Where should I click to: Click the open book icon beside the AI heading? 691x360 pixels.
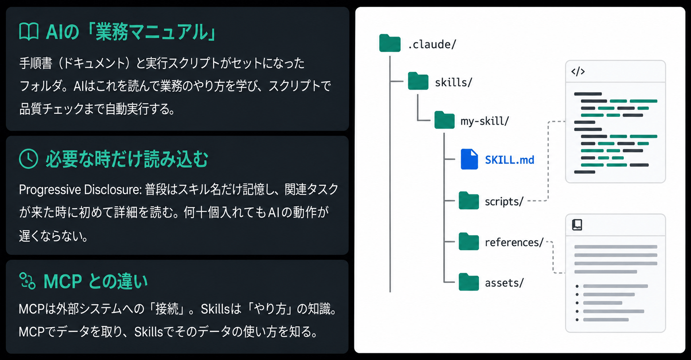tap(29, 31)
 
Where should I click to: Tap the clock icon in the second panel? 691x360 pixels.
tap(29, 159)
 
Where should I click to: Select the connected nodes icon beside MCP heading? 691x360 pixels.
tap(27, 280)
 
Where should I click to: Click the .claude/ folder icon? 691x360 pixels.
tap(390, 43)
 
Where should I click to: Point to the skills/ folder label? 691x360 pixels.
tap(454, 82)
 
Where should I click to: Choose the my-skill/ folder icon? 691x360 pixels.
tap(444, 120)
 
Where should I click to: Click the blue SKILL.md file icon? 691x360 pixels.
tap(469, 159)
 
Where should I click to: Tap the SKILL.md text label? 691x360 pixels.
tap(510, 160)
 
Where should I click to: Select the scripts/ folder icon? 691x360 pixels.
tap(469, 200)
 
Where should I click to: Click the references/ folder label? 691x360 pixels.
tap(514, 242)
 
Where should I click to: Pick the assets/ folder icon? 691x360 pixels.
tap(469, 282)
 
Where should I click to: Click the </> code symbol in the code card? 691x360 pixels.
tap(578, 72)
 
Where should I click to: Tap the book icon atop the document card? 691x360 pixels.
tap(577, 225)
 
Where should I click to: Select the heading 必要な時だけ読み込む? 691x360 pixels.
tap(127, 159)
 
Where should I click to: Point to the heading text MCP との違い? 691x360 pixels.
tap(95, 281)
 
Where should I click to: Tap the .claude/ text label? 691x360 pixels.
tap(432, 44)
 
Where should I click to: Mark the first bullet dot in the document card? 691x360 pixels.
tap(577, 286)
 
